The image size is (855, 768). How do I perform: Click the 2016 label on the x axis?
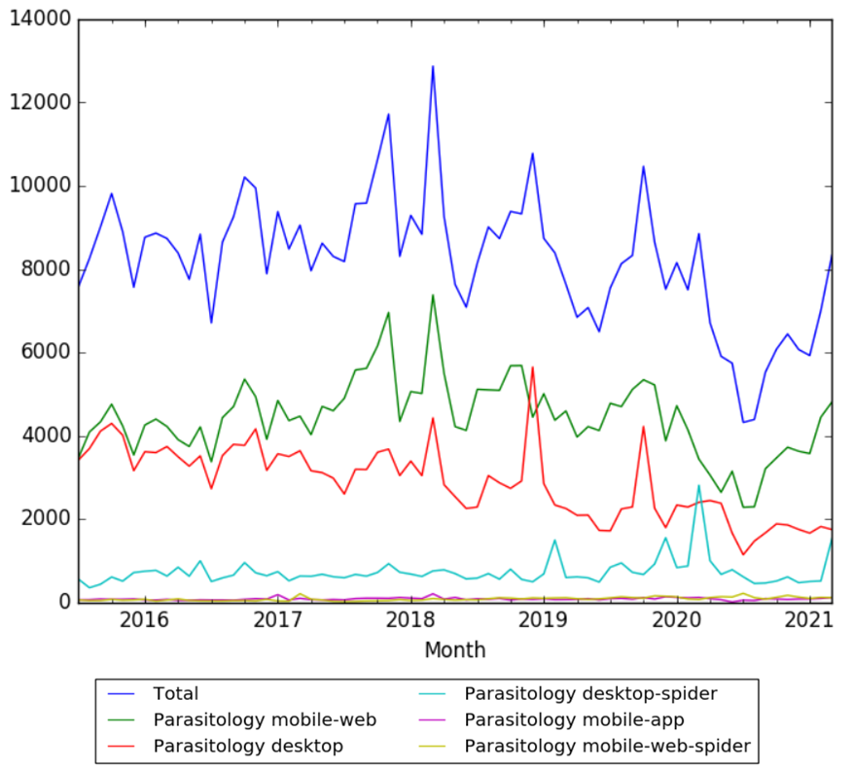(144, 620)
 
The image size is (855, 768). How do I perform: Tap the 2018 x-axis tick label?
(410, 620)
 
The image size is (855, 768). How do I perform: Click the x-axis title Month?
(453, 649)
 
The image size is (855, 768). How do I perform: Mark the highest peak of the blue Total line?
(433, 66)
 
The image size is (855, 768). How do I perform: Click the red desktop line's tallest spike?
(532, 367)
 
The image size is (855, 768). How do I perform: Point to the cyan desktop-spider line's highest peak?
(698, 485)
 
